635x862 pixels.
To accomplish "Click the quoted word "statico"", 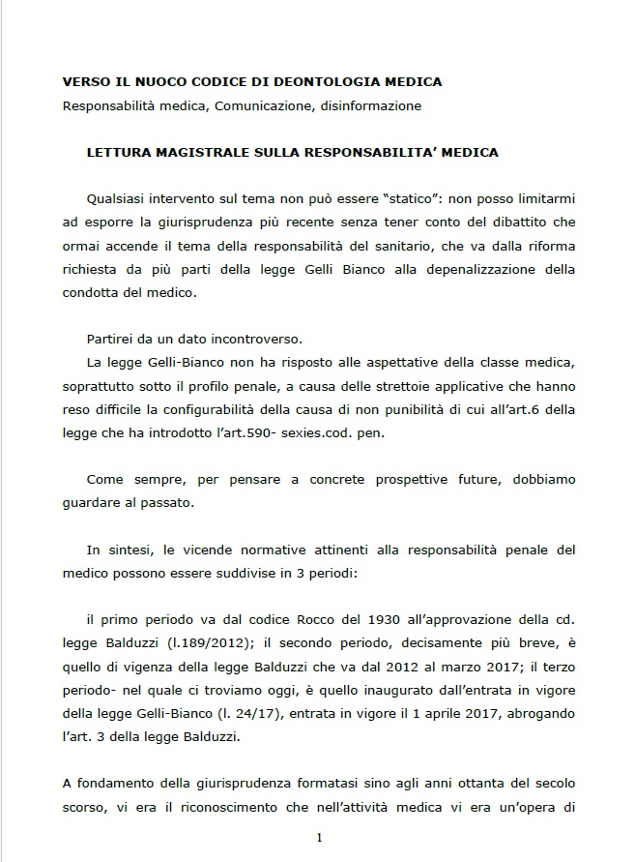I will [412, 199].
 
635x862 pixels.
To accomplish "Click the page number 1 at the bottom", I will [318, 838].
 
